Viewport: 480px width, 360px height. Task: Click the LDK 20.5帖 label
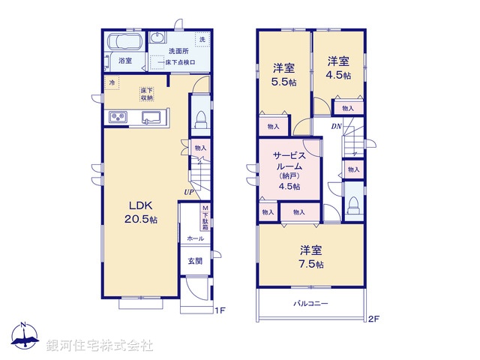pos(141,212)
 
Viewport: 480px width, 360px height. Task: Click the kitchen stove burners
pos(119,116)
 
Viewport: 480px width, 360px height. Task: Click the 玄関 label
pos(194,261)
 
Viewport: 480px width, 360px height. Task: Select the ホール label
pos(195,238)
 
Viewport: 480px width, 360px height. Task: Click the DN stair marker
pos(337,127)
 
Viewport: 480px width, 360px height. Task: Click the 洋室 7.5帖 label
pos(312,256)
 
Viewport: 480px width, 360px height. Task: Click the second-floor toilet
pos(353,205)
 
